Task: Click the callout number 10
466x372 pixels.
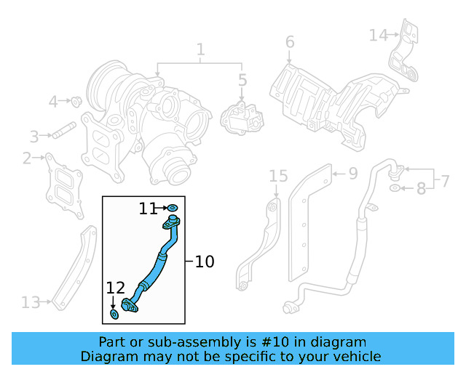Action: click(205, 262)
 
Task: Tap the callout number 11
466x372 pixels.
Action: click(149, 209)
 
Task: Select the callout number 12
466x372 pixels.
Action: click(116, 288)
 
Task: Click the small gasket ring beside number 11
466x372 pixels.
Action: click(173, 209)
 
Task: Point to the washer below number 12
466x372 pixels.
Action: click(114, 314)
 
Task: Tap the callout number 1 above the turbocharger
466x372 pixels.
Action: click(200, 50)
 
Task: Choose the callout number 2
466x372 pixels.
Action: click(27, 158)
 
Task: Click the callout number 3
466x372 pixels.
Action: click(34, 135)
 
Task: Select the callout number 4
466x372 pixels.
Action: click(53, 102)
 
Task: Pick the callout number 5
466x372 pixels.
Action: click(242, 79)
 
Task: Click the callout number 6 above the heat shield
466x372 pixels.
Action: click(290, 42)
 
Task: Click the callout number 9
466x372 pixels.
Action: click(352, 173)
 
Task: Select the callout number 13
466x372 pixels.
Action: click(31, 302)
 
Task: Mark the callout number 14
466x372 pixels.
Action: click(378, 34)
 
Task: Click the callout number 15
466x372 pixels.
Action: click(278, 176)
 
